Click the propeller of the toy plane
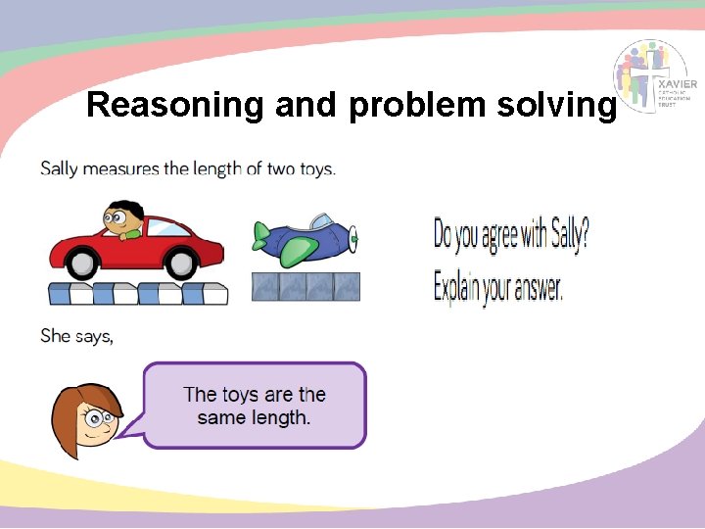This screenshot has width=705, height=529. pyautogui.click(x=354, y=238)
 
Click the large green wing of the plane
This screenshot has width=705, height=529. pyautogui.click(x=295, y=253)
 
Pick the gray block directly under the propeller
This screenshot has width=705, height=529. pyautogui.click(x=348, y=286)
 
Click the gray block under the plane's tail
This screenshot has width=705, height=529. pyautogui.click(x=265, y=286)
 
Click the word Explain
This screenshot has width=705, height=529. pyautogui.click(x=465, y=289)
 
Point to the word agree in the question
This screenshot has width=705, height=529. pyautogui.click(x=507, y=235)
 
